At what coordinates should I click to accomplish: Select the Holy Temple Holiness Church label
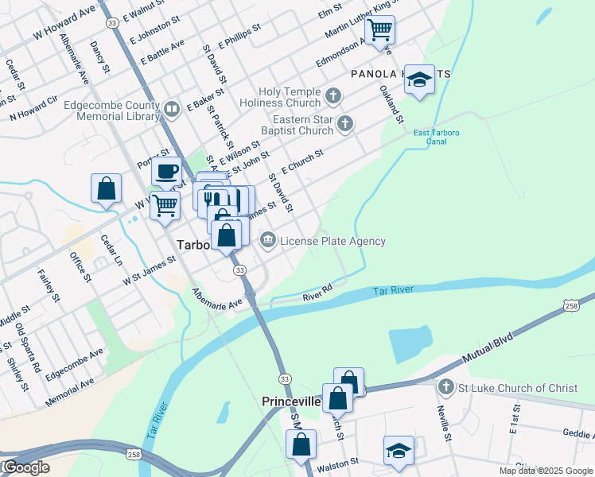point(288,97)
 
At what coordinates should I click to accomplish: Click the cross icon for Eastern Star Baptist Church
point(344,123)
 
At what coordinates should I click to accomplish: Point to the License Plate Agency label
point(332,241)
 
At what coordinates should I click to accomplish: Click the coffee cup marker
point(166,170)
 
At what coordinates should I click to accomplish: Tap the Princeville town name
point(291,402)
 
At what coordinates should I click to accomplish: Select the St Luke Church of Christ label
point(517,388)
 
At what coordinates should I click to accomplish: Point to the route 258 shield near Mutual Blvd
point(570,306)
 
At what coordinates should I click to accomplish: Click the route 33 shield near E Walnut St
point(112,24)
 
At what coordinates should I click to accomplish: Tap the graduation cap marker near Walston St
point(399,450)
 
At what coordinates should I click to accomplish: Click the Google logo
point(25,467)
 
